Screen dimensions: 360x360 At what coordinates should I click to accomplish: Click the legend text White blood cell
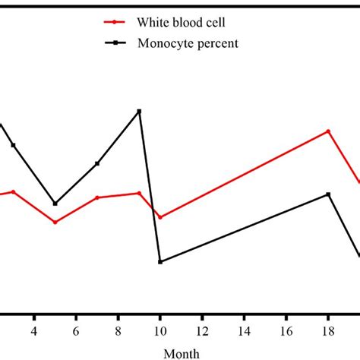point(181,23)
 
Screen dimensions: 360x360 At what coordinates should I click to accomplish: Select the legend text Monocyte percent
point(188,43)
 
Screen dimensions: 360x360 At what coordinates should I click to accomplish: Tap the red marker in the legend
point(115,23)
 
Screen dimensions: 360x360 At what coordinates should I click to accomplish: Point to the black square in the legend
point(115,43)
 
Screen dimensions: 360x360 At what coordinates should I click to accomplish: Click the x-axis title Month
point(181,353)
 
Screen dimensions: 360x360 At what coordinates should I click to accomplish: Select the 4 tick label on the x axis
point(33,331)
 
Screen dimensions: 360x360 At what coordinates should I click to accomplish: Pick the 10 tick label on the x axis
point(159,331)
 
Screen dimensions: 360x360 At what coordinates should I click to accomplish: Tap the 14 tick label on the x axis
point(244,331)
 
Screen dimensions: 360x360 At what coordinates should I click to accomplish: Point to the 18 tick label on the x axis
point(328,331)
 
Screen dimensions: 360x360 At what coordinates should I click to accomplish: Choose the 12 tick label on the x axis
point(202,331)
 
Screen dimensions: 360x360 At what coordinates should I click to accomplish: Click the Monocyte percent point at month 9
point(139,112)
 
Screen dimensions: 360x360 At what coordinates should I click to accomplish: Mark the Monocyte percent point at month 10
point(160,262)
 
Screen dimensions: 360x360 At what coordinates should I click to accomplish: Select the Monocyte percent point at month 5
point(55,204)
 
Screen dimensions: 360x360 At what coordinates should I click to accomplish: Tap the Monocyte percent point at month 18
point(328,194)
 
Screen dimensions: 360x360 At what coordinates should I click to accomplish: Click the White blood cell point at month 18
point(328,131)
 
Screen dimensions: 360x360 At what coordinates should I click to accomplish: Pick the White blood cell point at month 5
point(55,223)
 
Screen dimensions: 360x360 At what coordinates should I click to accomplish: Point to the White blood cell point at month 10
point(160,217)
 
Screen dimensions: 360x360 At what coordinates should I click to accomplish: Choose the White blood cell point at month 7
point(97,197)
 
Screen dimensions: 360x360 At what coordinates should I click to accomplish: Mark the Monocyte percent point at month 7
point(97,163)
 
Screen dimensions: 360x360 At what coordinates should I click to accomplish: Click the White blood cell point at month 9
point(139,193)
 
